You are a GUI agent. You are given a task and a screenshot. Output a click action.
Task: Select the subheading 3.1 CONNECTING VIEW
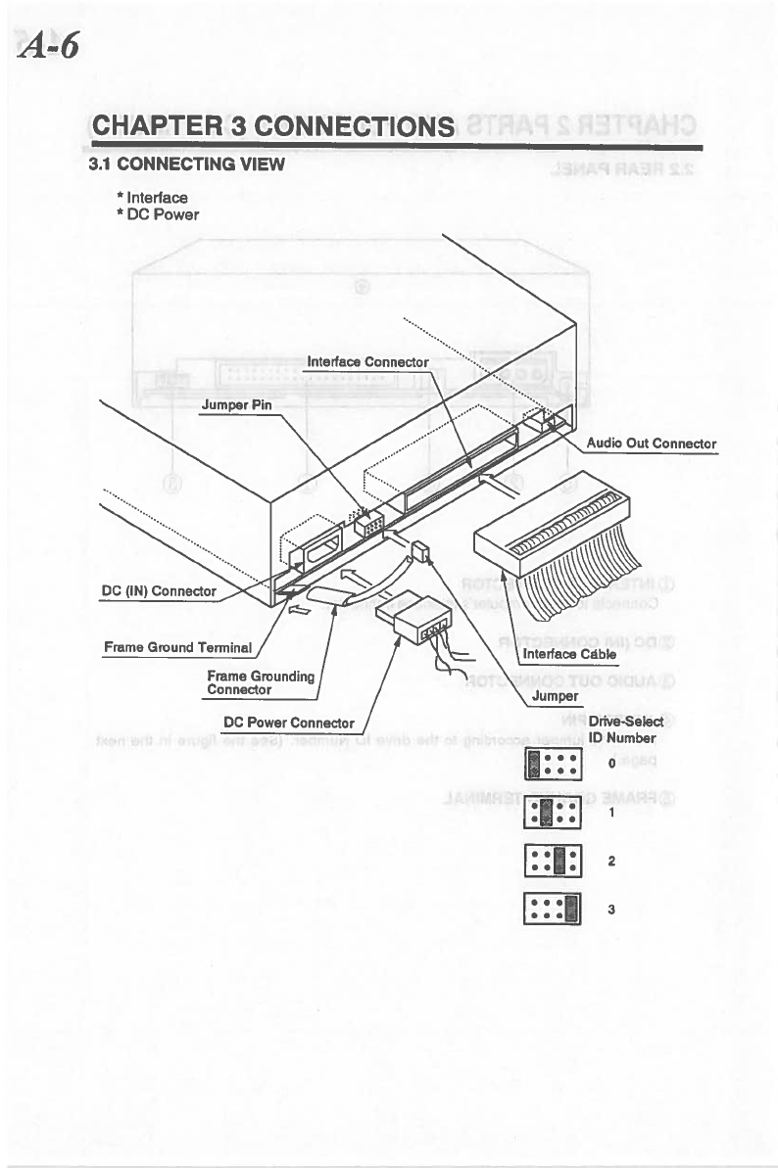click(x=186, y=164)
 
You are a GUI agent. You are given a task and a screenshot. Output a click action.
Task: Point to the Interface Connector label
click(x=367, y=362)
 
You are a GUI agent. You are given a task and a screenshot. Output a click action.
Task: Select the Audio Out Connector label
click(x=652, y=444)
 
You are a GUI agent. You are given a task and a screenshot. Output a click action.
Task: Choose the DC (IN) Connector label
click(x=159, y=591)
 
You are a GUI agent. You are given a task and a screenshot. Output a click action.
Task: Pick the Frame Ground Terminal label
click(x=179, y=647)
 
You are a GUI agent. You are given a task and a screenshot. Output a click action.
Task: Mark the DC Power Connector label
click(x=288, y=724)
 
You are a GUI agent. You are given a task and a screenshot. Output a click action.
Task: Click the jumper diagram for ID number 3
click(x=555, y=910)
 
